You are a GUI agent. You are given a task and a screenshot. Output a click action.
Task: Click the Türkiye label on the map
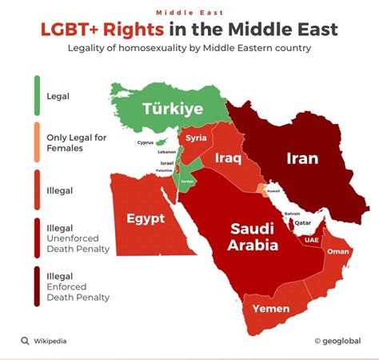pos(174,110)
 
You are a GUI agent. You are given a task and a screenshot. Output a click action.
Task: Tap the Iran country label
pos(301,158)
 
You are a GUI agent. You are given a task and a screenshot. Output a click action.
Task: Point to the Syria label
pos(196,138)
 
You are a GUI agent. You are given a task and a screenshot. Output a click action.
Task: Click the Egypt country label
pos(146,218)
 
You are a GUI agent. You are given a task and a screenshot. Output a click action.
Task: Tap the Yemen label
pos(271,307)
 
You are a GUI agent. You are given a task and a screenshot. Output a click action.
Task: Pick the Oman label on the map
pos(339,252)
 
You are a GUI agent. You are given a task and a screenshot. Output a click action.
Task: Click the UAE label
pos(312,240)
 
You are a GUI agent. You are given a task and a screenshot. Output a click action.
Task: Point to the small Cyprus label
pos(145,143)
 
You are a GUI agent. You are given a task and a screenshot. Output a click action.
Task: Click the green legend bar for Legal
pos(37,96)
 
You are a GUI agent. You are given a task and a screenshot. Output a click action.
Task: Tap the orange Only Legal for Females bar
pos(37,142)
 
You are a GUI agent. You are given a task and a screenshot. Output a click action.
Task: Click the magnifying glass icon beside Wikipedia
pos(25,341)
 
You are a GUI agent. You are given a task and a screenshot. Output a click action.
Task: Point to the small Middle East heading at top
pos(189,13)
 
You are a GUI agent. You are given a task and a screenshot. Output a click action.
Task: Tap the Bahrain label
pos(293,214)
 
